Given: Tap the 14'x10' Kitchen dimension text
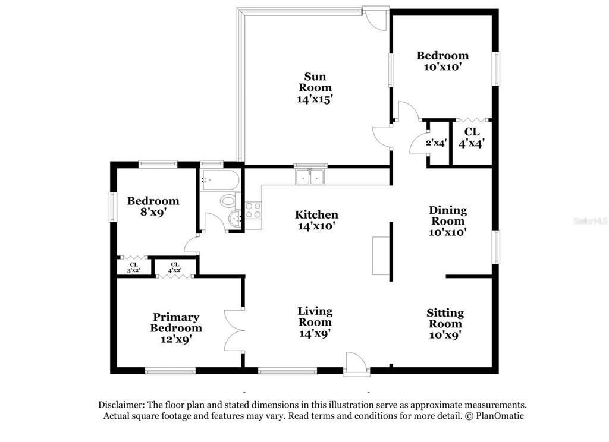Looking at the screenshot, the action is tap(316, 226).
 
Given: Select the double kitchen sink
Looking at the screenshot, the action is tap(310, 177).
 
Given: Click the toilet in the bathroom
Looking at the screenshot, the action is tap(228, 201).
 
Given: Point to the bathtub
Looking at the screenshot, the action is tap(219, 180).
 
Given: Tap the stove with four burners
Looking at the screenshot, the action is tap(253, 210).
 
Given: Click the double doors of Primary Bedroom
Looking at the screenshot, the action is tap(234, 331).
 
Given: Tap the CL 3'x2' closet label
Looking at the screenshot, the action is tap(134, 268).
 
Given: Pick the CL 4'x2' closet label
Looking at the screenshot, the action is tap(175, 267).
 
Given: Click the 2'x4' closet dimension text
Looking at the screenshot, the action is tap(436, 143).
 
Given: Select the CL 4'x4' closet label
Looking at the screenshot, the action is tap(472, 138).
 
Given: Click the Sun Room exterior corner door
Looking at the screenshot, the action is tap(376, 17).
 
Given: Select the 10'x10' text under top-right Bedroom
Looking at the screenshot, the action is tap(442, 67).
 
